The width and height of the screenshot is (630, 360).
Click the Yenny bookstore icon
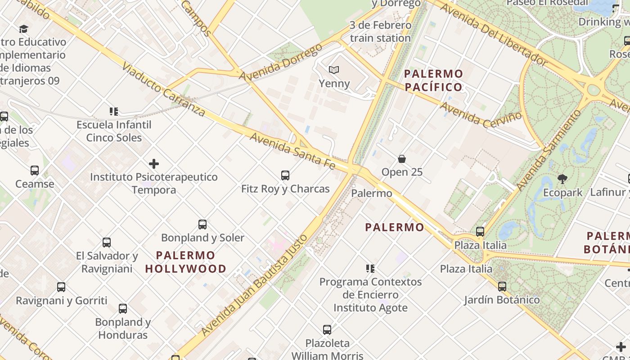point(333,70)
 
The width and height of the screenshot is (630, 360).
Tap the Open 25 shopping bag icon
point(402,159)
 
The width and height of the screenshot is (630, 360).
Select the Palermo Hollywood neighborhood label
point(186,262)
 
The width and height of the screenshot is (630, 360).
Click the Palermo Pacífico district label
point(433,81)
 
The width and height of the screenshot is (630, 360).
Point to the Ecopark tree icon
point(562,179)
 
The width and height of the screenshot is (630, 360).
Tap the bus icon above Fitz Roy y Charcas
point(285,175)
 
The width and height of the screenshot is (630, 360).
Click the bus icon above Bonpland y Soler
point(202,224)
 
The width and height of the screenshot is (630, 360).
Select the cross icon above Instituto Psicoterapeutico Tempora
point(154,163)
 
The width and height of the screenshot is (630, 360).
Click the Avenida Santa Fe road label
point(293,151)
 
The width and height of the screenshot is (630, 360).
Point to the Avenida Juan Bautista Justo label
point(254,285)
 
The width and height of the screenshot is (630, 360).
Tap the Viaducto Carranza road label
point(163,89)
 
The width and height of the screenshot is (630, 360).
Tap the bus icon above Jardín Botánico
point(502,286)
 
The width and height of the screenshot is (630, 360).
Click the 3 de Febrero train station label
point(381,31)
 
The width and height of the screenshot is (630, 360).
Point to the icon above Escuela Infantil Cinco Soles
point(114,111)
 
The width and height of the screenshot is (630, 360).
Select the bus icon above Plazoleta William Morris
point(327,329)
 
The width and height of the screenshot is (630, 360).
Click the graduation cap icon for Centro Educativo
point(23,29)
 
